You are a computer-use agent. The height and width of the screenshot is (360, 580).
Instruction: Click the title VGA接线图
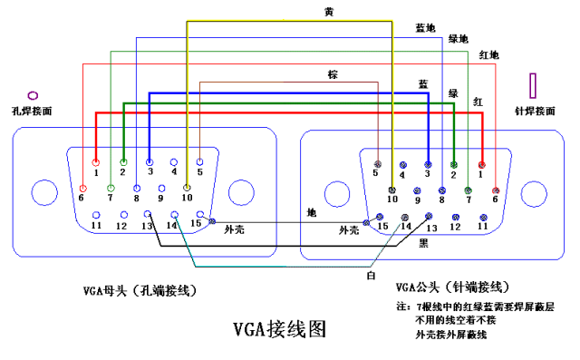click(x=278, y=329)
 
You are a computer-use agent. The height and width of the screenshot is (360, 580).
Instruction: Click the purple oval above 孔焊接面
click(x=34, y=94)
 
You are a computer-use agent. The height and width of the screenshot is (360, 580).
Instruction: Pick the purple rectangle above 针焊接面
click(x=534, y=85)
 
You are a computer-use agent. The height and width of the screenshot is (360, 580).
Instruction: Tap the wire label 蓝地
click(x=424, y=29)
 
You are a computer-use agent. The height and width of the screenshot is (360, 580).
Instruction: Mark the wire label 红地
click(x=488, y=55)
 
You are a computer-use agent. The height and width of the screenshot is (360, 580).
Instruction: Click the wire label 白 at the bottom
click(x=371, y=275)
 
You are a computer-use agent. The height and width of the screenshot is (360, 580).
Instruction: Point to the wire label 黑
click(x=423, y=244)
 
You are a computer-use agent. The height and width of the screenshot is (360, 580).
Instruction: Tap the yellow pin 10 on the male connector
click(x=392, y=189)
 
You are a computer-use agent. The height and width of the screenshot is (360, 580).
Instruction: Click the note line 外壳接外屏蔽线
click(x=450, y=336)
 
